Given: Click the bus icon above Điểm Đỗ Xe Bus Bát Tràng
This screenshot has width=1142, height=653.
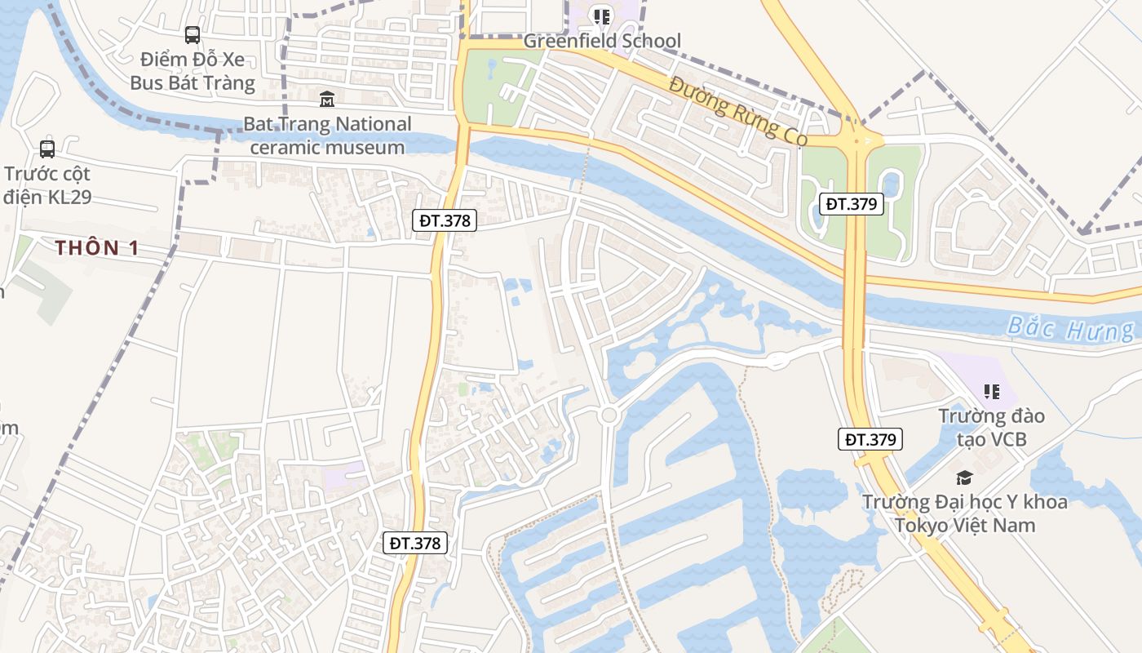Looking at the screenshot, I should tap(193, 35).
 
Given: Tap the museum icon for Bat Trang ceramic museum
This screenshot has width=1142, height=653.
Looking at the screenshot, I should tap(327, 100).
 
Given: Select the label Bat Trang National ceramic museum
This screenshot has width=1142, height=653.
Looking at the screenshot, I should tap(327, 135).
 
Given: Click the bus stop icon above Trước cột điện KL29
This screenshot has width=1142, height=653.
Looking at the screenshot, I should tap(47, 149).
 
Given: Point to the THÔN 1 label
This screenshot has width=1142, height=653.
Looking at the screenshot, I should tap(97, 248).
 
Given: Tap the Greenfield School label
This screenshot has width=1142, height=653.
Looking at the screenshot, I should tap(602, 41).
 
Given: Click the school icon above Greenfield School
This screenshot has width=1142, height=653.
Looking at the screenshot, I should tap(602, 16).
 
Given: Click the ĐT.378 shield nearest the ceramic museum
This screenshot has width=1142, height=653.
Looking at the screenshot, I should tap(444, 220).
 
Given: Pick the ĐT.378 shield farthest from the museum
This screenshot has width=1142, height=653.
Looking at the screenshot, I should tap(415, 543).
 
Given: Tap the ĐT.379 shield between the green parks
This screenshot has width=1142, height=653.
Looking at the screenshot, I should tap(851, 204).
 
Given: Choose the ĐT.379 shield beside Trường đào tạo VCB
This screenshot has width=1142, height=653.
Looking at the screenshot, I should tap(870, 439).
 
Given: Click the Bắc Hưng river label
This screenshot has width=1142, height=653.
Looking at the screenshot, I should tap(1070, 327).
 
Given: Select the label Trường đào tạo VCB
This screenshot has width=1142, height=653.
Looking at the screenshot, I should tap(992, 428).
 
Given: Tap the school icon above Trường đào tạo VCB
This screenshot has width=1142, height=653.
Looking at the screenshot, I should tap(992, 392).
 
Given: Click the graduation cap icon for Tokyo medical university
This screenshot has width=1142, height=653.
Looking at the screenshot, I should tap(965, 478).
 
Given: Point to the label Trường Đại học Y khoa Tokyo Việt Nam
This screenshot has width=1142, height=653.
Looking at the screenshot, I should tap(965, 513).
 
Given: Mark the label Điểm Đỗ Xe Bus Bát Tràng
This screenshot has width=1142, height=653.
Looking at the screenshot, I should tap(193, 71).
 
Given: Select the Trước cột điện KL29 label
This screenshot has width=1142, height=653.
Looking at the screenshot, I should tap(47, 185).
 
